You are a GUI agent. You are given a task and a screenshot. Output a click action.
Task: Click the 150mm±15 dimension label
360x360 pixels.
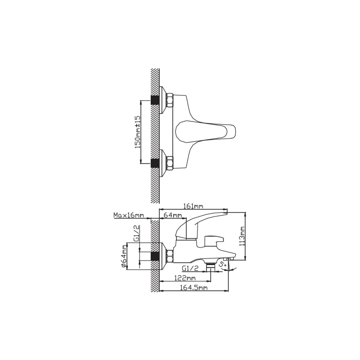pyautogui.click(x=137, y=132)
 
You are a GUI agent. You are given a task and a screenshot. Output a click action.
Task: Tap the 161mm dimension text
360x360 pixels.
pyautogui.click(x=193, y=206)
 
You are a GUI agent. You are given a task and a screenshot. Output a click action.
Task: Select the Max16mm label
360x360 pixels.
pyautogui.click(x=129, y=215)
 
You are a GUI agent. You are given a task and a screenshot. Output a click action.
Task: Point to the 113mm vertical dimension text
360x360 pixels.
pyautogui.click(x=242, y=236)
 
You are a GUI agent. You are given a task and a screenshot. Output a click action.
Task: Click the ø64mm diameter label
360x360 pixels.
pyautogui.click(x=124, y=256)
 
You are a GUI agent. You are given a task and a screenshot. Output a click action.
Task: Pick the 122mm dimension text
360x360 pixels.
pyautogui.click(x=185, y=278)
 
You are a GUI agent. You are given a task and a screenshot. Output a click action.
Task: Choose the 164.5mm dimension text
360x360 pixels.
pyautogui.click(x=193, y=288)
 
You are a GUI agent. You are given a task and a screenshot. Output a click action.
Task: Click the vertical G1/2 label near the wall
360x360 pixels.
pyautogui.click(x=136, y=233)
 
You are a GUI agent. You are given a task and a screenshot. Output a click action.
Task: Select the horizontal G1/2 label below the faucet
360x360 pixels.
pyautogui.click(x=190, y=268)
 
